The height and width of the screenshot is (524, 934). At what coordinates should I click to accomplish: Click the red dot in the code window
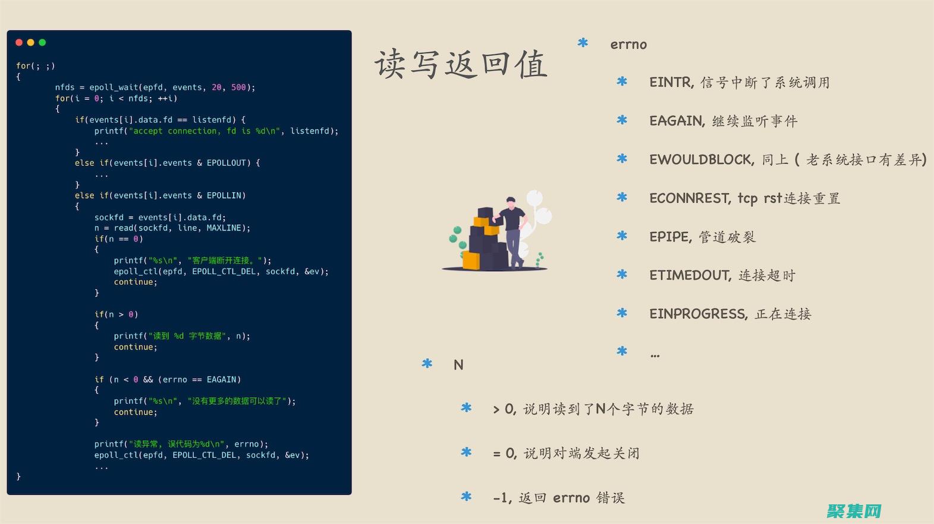[19, 42]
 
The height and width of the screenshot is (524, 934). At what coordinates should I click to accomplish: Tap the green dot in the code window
[42, 42]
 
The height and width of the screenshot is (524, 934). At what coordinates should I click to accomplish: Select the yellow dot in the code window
[30, 42]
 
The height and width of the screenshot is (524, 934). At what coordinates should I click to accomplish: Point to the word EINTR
[671, 82]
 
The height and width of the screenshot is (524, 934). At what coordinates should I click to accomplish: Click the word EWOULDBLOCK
[700, 159]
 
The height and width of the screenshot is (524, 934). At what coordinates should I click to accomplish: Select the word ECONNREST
[689, 197]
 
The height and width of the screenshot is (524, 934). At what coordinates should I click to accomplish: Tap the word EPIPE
[669, 237]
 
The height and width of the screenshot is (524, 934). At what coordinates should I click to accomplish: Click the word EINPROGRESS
[697, 313]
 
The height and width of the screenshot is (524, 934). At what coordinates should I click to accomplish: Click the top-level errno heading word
[628, 44]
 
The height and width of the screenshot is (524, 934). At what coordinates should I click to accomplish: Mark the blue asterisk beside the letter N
[427, 363]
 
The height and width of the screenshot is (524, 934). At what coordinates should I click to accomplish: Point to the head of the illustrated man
[511, 202]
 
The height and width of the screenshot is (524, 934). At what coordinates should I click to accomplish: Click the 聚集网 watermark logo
[854, 511]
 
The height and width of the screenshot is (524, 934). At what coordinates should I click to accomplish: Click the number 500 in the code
[238, 87]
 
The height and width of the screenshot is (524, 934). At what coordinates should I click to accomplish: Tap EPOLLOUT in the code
[226, 163]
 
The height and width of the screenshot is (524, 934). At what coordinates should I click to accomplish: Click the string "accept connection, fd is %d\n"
[205, 131]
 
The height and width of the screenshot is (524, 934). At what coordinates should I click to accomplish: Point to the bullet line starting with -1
[559, 498]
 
